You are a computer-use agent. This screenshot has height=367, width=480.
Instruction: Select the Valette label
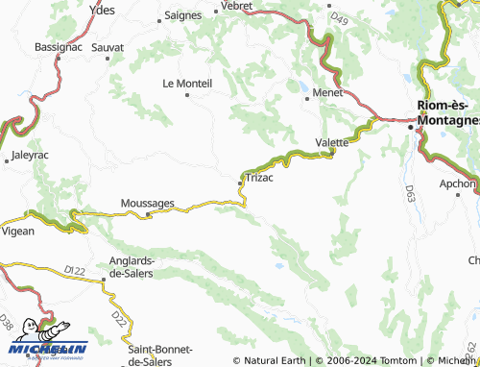point(332,142)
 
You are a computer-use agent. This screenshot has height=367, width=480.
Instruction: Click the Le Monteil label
point(186,84)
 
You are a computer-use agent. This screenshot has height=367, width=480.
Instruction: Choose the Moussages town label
point(147,204)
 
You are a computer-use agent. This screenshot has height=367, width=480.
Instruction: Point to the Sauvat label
point(108,46)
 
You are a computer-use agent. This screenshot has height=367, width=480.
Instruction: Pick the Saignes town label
point(182,15)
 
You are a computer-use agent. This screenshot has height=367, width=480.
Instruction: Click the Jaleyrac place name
point(29,154)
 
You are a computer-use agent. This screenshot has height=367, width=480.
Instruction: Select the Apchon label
point(459,183)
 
